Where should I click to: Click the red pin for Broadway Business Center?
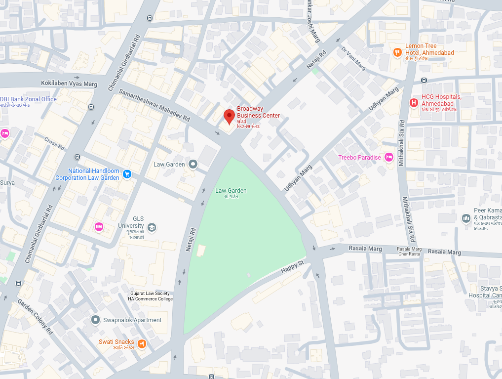tap(229, 117)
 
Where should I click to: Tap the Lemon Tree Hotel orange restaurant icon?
tap(397, 52)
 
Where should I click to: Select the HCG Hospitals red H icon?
tap(414, 103)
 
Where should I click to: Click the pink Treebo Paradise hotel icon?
tap(389, 157)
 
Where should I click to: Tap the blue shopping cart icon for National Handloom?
tap(127, 174)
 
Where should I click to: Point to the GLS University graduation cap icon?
tap(152, 227)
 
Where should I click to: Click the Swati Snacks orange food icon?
tap(142, 343)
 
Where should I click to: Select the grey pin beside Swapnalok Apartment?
tap(95, 320)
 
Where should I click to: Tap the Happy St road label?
tap(291, 268)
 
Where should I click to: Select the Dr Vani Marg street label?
tap(353, 58)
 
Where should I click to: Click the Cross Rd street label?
tap(54, 144)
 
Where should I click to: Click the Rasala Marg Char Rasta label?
tap(410, 251)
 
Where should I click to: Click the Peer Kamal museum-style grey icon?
tap(465, 218)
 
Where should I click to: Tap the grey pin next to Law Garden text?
tap(193, 164)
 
